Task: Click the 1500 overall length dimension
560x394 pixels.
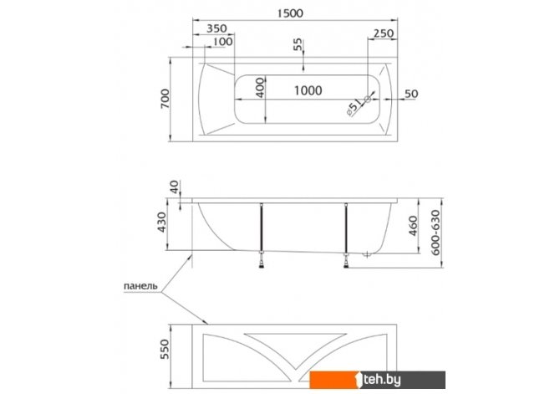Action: [x=290, y=13]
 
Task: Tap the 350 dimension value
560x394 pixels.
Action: [x=216, y=28]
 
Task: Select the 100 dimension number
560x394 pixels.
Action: [x=222, y=42]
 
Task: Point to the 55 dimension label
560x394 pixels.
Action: [x=298, y=44]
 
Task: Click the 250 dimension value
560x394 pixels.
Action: [x=384, y=33]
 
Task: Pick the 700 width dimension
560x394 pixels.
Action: [x=165, y=99]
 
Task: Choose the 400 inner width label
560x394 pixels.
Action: [x=261, y=87]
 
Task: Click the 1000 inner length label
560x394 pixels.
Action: [x=308, y=90]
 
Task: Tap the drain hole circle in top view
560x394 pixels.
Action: [x=368, y=99]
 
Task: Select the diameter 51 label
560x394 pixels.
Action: [x=354, y=107]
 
